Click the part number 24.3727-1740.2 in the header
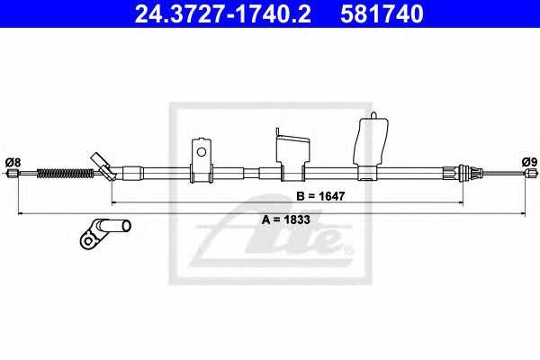point(223,13)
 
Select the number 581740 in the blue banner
point(382,13)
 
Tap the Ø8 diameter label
point(13,162)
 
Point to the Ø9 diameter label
point(529,162)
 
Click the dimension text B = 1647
point(320,196)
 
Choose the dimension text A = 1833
point(286,220)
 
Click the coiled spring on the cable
point(65,173)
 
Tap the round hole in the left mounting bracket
point(201,152)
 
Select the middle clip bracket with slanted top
point(293,154)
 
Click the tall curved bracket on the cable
point(371,146)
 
